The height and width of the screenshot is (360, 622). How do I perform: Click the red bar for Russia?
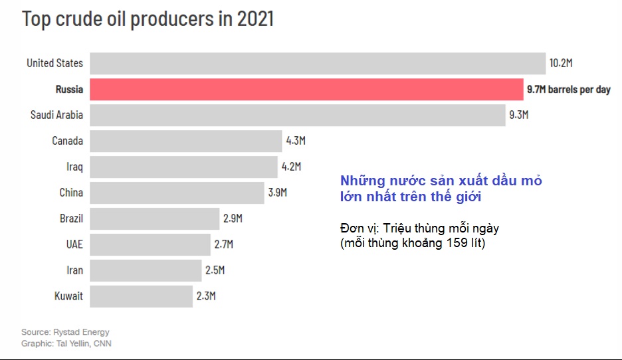(306, 89)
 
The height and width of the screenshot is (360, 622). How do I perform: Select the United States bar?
(318, 63)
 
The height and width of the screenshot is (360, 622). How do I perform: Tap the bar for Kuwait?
(141, 296)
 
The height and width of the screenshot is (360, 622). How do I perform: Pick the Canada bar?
(185, 141)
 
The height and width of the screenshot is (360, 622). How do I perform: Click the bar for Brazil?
(154, 219)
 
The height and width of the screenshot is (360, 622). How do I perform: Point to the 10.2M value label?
(560, 63)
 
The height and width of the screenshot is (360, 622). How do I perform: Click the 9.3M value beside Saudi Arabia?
(518, 115)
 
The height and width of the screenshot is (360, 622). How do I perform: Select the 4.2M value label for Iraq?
(291, 167)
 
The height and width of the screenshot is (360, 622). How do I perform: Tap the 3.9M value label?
(277, 193)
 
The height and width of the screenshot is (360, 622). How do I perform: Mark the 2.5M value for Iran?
(215, 270)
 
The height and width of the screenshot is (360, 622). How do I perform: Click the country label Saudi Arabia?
(56, 115)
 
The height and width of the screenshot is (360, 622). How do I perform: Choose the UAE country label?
(74, 244)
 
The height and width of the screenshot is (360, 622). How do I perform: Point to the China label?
(71, 193)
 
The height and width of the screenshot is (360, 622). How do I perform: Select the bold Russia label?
(69, 89)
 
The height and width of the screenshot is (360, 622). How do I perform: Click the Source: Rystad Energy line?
(65, 331)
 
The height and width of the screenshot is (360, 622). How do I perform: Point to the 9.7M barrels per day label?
(568, 89)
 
